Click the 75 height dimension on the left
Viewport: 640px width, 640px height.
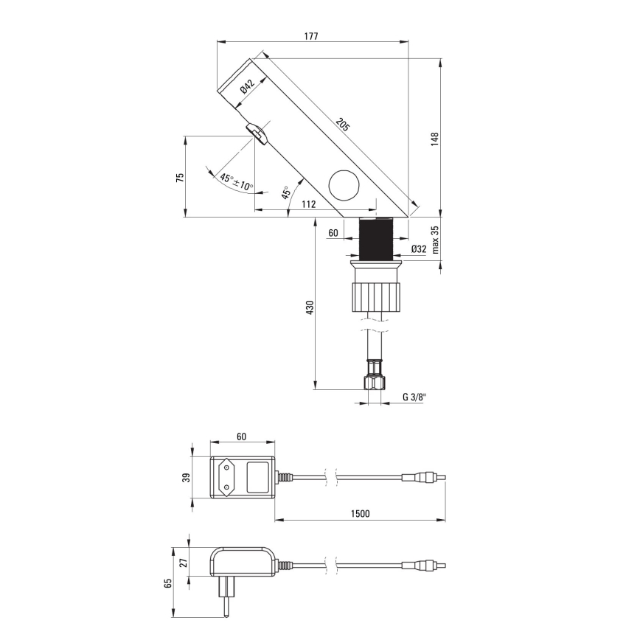pos(179,177)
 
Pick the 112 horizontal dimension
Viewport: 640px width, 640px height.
pos(308,204)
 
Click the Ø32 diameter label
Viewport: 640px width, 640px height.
pos(419,249)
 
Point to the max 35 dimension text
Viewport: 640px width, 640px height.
pos(436,240)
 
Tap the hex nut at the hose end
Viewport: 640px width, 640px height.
pos(374,380)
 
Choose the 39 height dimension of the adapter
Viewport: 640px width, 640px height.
pos(184,479)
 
